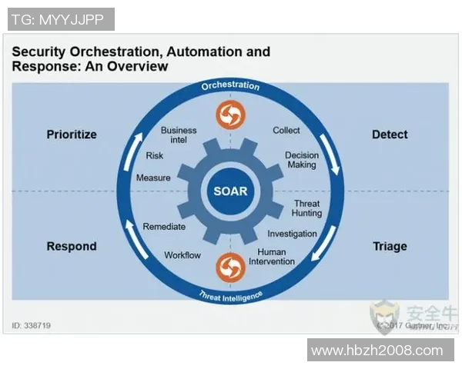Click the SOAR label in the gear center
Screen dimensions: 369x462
pos(230,191)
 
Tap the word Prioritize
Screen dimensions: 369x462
pos(72,135)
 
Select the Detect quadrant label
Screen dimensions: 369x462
pos(390,135)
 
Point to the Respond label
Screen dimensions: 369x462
pos(72,247)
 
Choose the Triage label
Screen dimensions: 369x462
pos(390,247)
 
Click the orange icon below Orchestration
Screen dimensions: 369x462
pos(230,115)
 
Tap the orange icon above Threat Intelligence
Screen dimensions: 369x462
pos(230,266)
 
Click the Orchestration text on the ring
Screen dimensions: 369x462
pos(230,86)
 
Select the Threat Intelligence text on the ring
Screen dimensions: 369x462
pos(230,295)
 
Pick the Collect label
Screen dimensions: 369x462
pos(286,131)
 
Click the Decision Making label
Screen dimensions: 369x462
pos(302,160)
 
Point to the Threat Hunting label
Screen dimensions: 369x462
pos(306,209)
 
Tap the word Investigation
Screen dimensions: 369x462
pos(292,234)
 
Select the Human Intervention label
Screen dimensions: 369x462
pos(272,257)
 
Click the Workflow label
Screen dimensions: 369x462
pos(182,255)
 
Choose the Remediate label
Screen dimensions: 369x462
pos(164,227)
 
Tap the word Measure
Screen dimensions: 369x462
pos(153,178)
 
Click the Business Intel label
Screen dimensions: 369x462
pos(179,135)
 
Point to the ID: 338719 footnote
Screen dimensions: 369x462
pos(32,326)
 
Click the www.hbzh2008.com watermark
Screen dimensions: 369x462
pos(377,351)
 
